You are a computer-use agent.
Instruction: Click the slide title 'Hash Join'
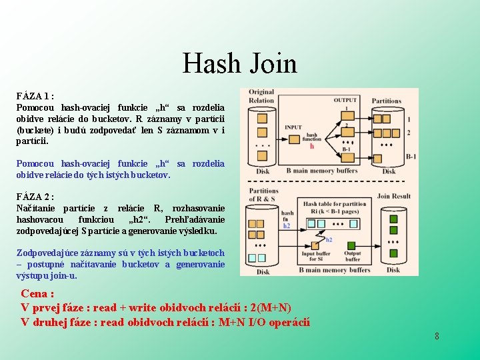point(240,64)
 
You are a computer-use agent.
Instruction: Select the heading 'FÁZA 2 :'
point(35,197)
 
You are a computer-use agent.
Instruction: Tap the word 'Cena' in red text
point(37,293)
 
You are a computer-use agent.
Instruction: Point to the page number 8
point(437,336)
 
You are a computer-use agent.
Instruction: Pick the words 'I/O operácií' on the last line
point(281,323)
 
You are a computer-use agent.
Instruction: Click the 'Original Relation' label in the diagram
point(261,96)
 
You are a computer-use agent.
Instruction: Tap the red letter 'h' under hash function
point(311,146)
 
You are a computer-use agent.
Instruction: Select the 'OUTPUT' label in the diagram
point(345,100)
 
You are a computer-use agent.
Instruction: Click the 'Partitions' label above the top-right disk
point(387,101)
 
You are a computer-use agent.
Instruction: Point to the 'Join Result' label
point(393,196)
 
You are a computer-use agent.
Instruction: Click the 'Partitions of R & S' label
point(263,195)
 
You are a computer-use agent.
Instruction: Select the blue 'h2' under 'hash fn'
point(287,226)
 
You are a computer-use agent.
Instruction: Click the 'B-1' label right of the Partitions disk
point(411,156)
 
